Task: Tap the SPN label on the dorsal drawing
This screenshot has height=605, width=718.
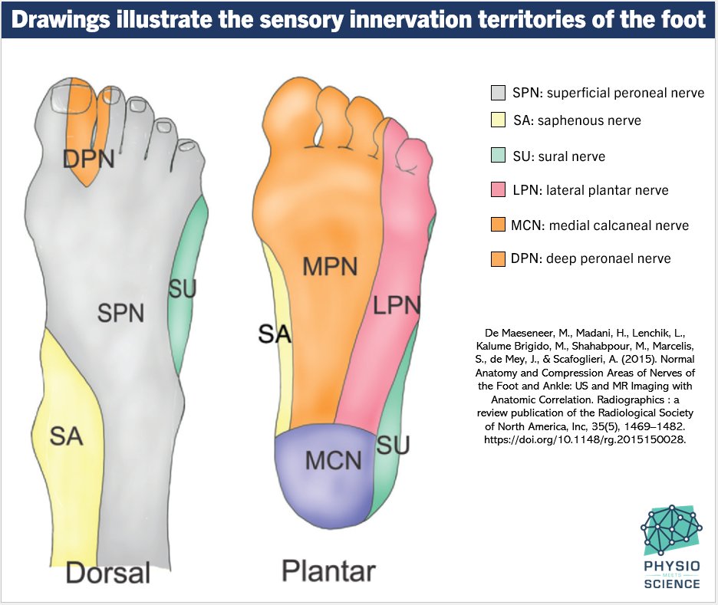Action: [x=120, y=312]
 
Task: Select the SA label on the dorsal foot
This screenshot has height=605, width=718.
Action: [x=66, y=436]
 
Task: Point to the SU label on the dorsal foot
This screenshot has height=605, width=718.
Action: [x=183, y=289]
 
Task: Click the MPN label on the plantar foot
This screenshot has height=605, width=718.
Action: [x=331, y=267]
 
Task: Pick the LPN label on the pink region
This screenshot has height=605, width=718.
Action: [x=397, y=306]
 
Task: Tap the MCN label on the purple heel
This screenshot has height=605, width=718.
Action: [x=333, y=460]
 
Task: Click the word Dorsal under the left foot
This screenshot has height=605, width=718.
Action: [x=107, y=573]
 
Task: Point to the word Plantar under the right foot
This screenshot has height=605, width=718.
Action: [x=328, y=570]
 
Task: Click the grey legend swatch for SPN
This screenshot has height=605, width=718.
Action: [x=498, y=94]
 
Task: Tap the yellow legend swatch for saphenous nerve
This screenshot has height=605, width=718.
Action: [x=498, y=120]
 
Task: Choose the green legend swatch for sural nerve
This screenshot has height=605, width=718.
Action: [x=498, y=156]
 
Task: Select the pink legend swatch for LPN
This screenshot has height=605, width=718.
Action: [x=498, y=190]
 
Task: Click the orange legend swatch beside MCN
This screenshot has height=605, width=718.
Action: [x=498, y=225]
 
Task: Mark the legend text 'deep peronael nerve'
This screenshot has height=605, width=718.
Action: [x=608, y=259]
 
